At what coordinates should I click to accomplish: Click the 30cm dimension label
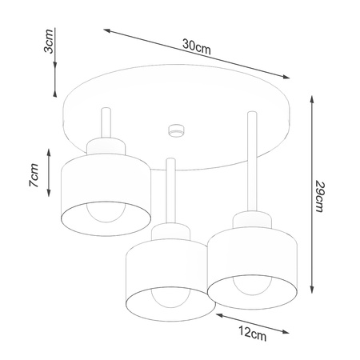point(196,46)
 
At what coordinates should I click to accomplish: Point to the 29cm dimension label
point(320,195)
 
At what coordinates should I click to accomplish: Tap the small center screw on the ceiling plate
point(174,128)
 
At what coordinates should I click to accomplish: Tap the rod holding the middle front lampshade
point(168,192)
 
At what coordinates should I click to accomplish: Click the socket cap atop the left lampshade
point(104,146)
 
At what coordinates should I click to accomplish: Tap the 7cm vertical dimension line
point(50,173)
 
